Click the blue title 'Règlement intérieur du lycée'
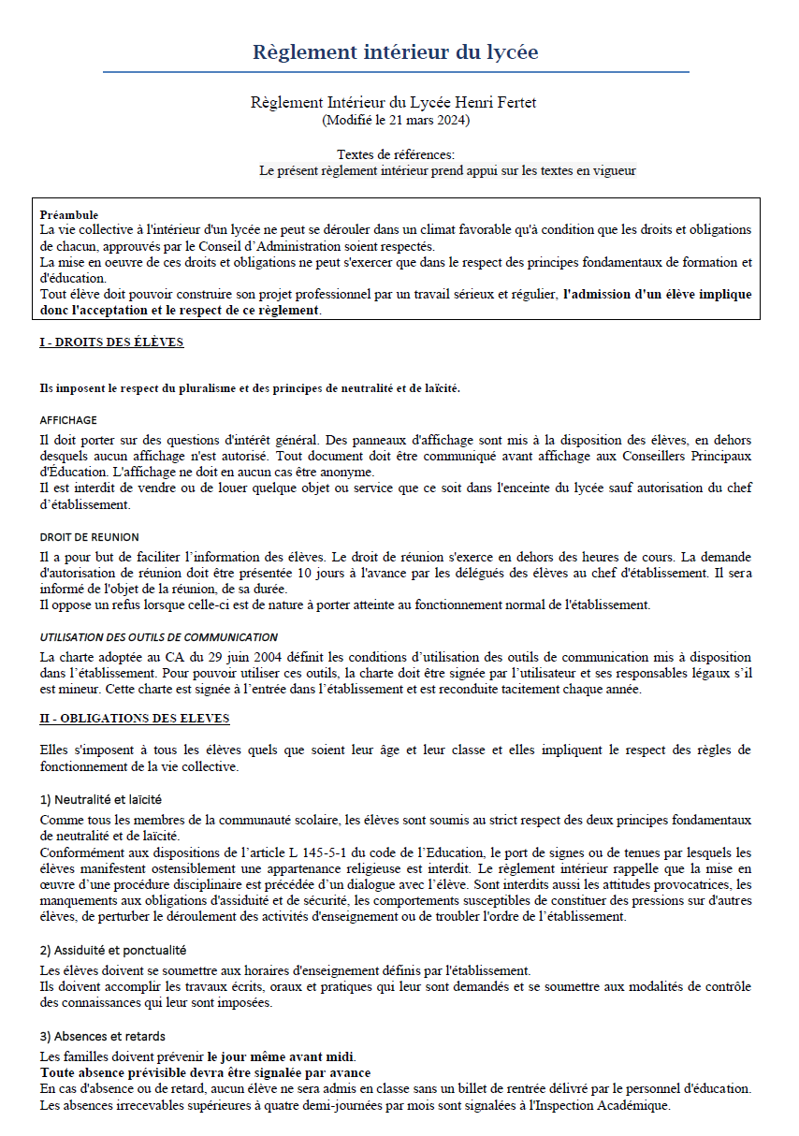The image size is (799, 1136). [395, 51]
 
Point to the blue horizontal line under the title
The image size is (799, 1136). [395, 72]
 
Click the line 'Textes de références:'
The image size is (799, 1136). [396, 154]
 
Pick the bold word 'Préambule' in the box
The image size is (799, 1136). [69, 215]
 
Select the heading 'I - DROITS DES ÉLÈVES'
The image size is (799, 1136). [111, 342]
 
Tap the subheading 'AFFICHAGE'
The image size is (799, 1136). [68, 421]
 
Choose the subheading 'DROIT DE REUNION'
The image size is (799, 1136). [90, 537]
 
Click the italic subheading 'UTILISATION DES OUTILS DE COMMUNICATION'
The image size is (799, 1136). [159, 637]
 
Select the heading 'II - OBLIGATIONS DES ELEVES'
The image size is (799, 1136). [135, 719]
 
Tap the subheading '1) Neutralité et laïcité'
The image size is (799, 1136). [101, 800]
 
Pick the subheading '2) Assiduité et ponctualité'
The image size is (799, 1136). [113, 950]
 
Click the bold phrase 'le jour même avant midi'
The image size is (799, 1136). [282, 1056]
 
